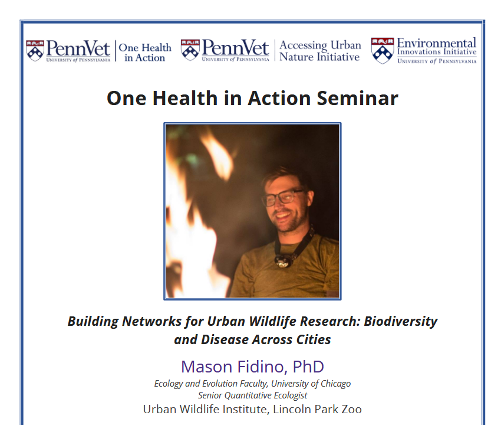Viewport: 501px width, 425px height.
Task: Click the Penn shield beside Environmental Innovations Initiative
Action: pyautogui.click(x=382, y=51)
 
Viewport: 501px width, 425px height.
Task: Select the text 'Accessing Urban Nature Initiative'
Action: pyautogui.click(x=319, y=51)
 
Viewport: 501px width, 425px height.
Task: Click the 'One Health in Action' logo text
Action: pyautogui.click(x=145, y=52)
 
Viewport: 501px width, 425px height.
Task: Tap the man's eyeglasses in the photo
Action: pyautogui.click(x=284, y=197)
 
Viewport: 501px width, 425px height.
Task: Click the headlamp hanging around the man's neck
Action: pyautogui.click(x=285, y=260)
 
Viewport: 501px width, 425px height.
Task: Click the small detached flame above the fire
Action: pyautogui.click(x=215, y=155)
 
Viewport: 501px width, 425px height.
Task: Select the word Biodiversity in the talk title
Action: pyautogui.click(x=401, y=322)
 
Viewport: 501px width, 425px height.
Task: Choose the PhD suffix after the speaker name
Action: pyautogui.click(x=308, y=367)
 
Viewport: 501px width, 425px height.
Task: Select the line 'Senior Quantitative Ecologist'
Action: pyautogui.click(x=252, y=395)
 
